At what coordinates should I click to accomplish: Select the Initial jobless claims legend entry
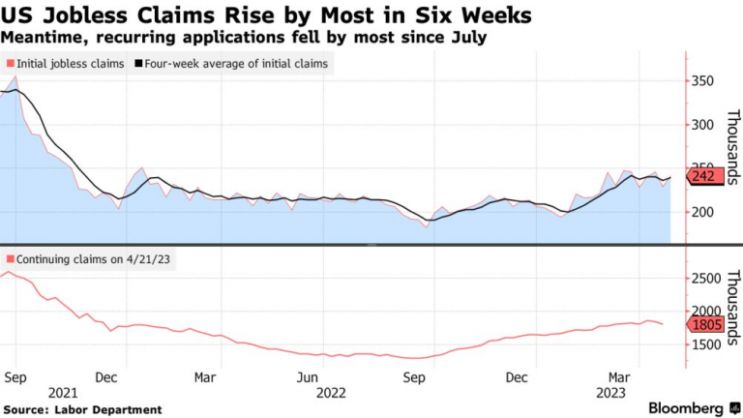pyautogui.click(x=67, y=64)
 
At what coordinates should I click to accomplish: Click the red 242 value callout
pyautogui.click(x=704, y=176)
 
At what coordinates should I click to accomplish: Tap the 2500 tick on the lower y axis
pyautogui.click(x=706, y=279)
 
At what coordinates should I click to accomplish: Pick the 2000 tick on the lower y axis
pyautogui.click(x=706, y=312)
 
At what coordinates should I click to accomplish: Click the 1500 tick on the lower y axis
pyautogui.click(x=706, y=344)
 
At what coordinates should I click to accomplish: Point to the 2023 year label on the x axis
pyautogui.click(x=610, y=392)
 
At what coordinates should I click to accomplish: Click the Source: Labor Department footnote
pyautogui.click(x=82, y=409)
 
